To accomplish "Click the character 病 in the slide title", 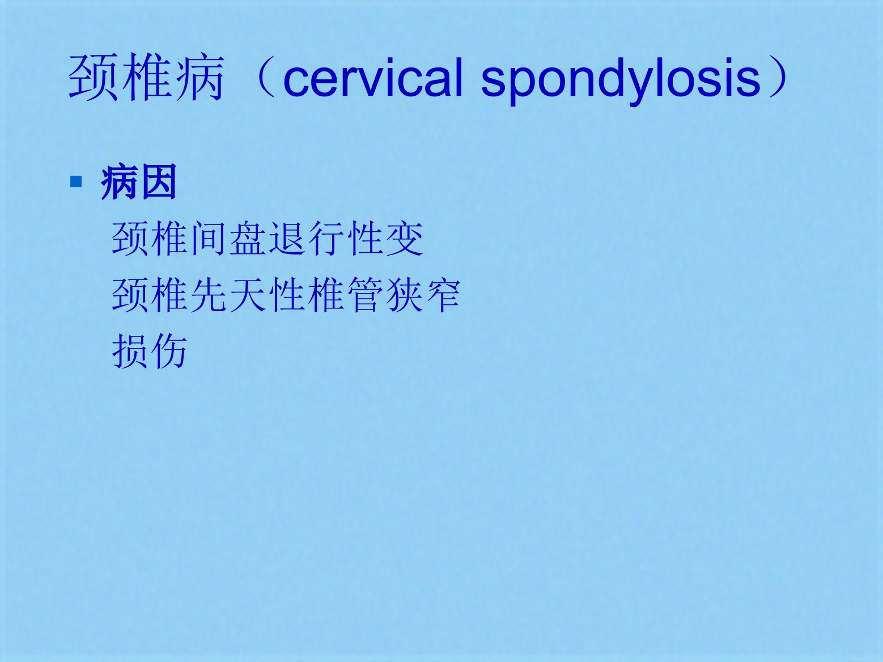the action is click(199, 78).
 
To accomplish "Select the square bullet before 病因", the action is click(76, 182).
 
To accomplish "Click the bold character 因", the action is click(158, 182).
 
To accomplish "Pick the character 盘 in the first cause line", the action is click(247, 239).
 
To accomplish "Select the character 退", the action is click(286, 239).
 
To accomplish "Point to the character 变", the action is click(404, 239).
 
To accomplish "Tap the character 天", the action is click(247, 295).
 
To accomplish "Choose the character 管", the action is click(365, 295).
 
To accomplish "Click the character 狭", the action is click(404, 295).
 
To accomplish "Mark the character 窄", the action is click(443, 295).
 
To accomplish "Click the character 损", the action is click(129, 351).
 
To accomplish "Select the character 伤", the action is click(168, 351).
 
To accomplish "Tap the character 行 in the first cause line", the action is click(325, 239).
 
